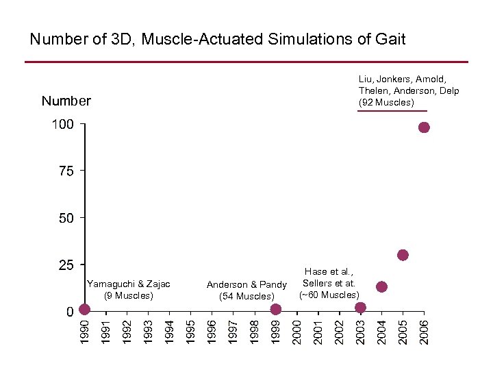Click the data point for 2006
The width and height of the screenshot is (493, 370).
coord(424,127)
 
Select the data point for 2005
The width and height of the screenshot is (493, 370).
coord(403,255)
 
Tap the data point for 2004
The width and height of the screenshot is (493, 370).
coord(381,286)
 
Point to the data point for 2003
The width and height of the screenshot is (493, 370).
coord(361,307)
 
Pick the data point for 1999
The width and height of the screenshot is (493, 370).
coord(275,309)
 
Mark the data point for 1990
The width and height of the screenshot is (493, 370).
coord(84,309)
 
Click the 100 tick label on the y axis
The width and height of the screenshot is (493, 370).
coord(62,125)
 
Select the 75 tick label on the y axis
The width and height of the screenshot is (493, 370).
coord(66,171)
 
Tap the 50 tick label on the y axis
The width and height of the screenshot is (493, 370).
coord(66,218)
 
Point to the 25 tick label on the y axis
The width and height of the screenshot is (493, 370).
coord(66,264)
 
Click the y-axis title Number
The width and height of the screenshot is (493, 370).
coord(66,101)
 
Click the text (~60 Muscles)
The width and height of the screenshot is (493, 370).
coord(329,295)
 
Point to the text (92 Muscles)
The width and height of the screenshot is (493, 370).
coord(387,103)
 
